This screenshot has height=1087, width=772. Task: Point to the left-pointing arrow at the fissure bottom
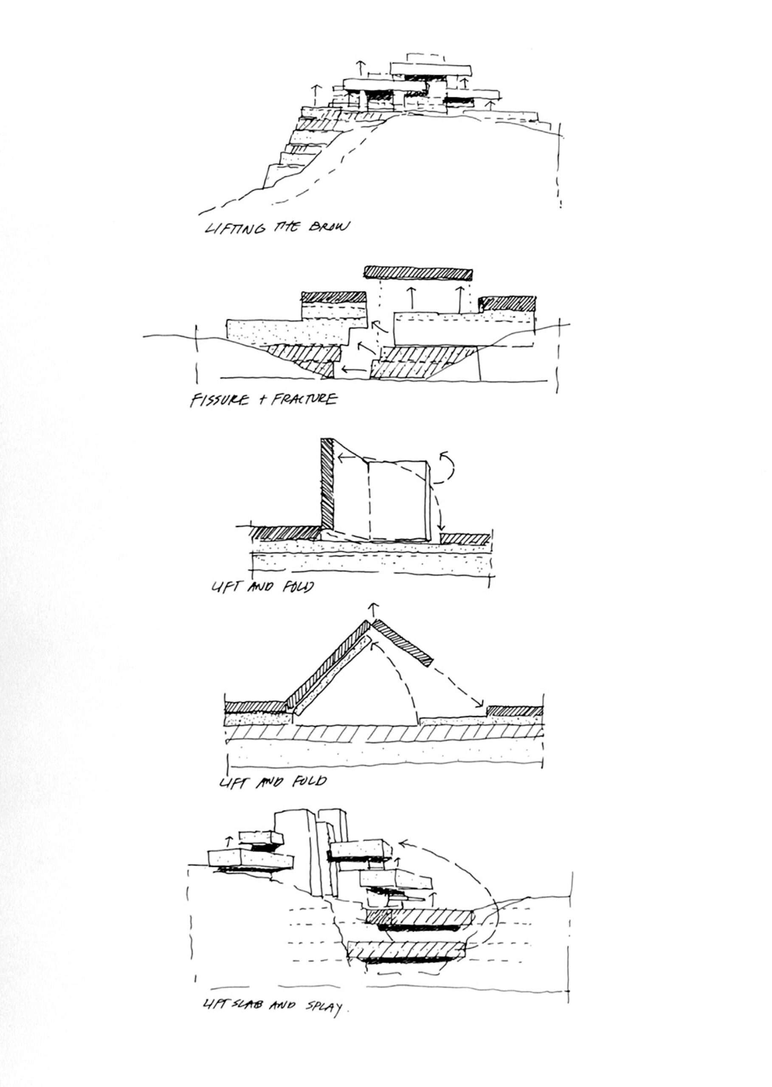pyautogui.click(x=354, y=369)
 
